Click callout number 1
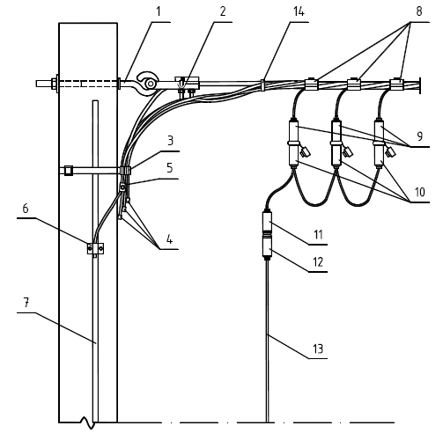tap(159, 11)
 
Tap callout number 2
tap(223, 11)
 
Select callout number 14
tap(299, 11)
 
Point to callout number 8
tap(419, 11)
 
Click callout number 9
tap(420, 136)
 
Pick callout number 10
tap(420, 192)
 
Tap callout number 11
tap(319, 235)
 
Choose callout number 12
tap(319, 262)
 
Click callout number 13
tap(318, 349)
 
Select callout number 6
tap(26, 209)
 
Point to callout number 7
tap(26, 303)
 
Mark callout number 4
tap(169, 239)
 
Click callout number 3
tap(171, 141)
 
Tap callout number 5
tap(170, 168)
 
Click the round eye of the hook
tap(151, 84)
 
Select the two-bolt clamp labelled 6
tap(95, 248)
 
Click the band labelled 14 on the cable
tap(262, 84)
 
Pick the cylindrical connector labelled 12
tap(267, 246)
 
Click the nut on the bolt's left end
tap(54, 84)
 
